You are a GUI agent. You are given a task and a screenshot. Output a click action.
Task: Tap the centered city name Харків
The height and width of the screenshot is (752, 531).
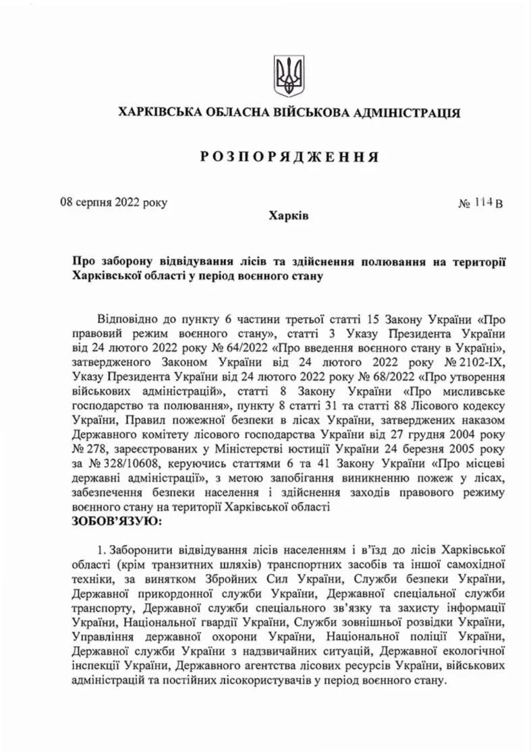coord(288,216)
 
